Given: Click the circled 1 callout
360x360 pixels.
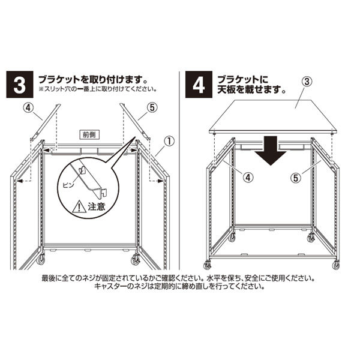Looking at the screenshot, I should [169, 143].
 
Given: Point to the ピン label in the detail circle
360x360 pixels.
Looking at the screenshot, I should [69, 187].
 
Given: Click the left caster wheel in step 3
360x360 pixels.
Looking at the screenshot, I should [41, 260].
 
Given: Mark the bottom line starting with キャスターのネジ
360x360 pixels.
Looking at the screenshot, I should [180, 287].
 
